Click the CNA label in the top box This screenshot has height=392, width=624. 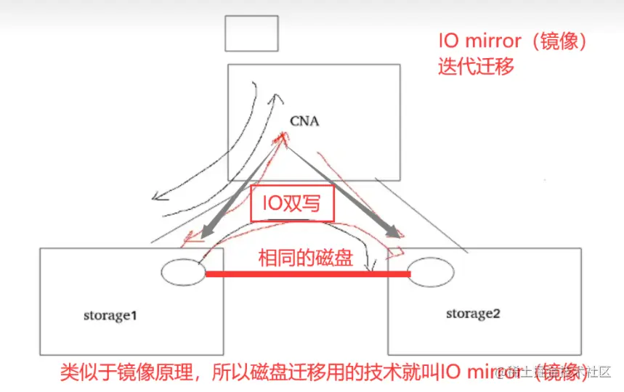[x=304, y=121]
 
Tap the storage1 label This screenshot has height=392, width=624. [x=110, y=317]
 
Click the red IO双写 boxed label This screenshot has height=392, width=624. [x=292, y=205]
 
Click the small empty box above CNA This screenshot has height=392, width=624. [x=251, y=33]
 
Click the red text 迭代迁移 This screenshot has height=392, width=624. [x=476, y=67]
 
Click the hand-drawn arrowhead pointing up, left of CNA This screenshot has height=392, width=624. [x=277, y=97]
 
